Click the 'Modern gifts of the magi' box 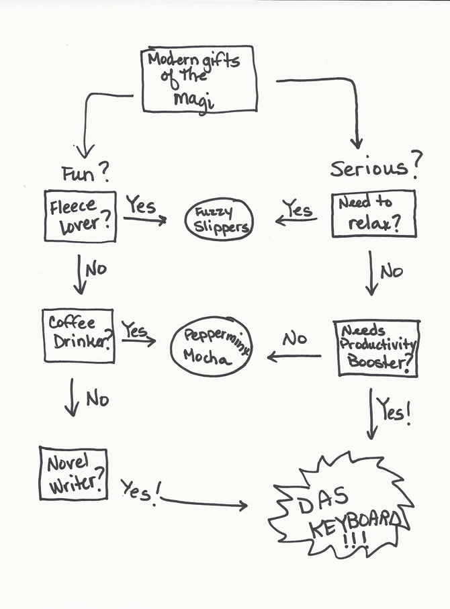[x=199, y=79]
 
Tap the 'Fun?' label [x=85, y=174]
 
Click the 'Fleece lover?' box [x=80, y=216]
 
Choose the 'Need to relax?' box [x=373, y=215]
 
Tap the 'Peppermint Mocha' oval [x=210, y=347]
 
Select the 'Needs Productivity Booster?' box [x=376, y=347]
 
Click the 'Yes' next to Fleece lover [x=141, y=205]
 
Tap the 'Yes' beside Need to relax [x=297, y=209]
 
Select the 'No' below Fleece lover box [x=95, y=270]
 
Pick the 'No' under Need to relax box [x=391, y=271]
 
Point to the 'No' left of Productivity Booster [x=294, y=339]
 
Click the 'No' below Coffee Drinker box [x=97, y=399]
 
